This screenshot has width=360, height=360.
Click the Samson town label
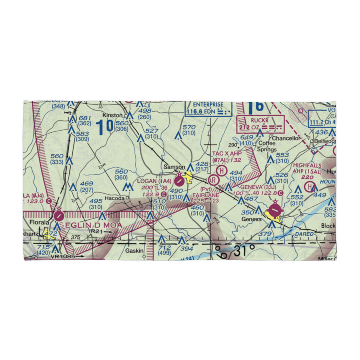click(x=174, y=167)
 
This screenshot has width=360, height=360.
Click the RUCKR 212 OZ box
click(x=260, y=123)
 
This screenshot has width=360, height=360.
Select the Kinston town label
click(x=111, y=116)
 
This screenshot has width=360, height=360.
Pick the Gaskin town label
click(x=134, y=251)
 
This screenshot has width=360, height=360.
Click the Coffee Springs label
click(x=267, y=146)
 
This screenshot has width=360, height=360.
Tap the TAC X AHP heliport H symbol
click(x=222, y=170)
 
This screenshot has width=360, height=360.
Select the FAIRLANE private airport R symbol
click(x=214, y=179)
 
